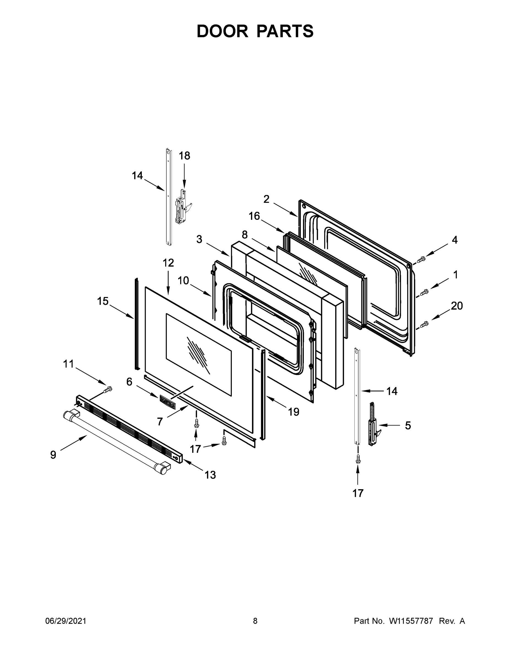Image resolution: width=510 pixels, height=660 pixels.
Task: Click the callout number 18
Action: (184, 156)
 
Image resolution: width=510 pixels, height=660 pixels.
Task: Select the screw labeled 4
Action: (421, 259)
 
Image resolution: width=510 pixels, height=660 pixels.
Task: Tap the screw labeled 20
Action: (424, 324)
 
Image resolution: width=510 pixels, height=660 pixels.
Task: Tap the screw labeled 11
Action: (107, 390)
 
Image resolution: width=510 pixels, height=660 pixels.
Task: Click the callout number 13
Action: (210, 475)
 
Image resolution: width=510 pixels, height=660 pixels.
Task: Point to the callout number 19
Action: (293, 412)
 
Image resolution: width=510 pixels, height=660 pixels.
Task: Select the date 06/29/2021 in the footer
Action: (66, 621)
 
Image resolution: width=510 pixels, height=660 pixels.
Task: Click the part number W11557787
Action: (411, 621)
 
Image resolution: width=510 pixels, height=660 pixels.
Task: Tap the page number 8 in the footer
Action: (255, 621)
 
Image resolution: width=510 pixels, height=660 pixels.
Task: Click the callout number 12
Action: (168, 263)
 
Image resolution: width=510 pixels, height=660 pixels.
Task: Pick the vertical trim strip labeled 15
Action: (137, 323)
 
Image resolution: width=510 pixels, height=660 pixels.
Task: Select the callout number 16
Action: (254, 216)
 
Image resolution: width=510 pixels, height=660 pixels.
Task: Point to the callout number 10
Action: (183, 280)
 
